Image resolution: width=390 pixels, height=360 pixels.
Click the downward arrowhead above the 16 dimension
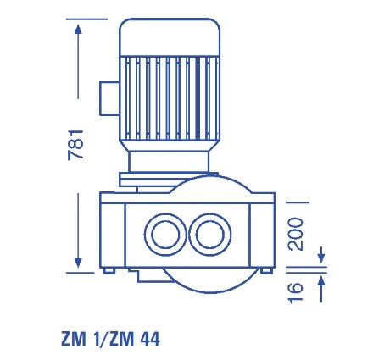click(x=321, y=256)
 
